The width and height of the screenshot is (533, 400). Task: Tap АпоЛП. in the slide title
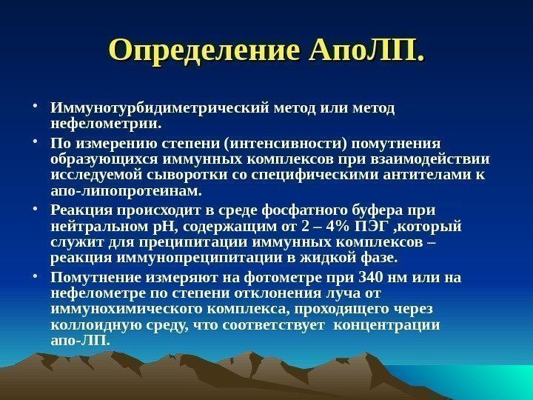click(367, 50)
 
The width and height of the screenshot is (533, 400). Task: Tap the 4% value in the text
click(343, 225)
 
